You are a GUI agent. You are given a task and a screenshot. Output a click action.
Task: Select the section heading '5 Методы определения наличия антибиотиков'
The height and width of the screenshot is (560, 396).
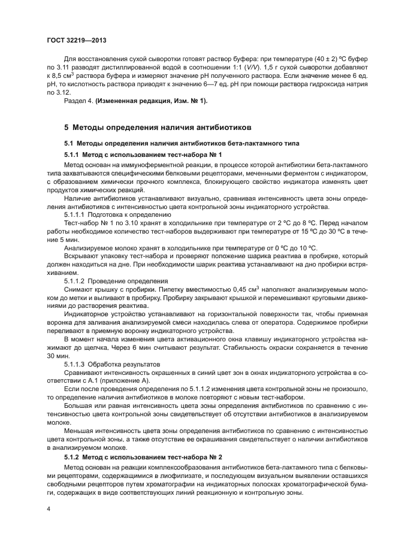(x=158, y=128)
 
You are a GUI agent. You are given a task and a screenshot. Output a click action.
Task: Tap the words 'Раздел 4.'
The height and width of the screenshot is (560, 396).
(x=77, y=100)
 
